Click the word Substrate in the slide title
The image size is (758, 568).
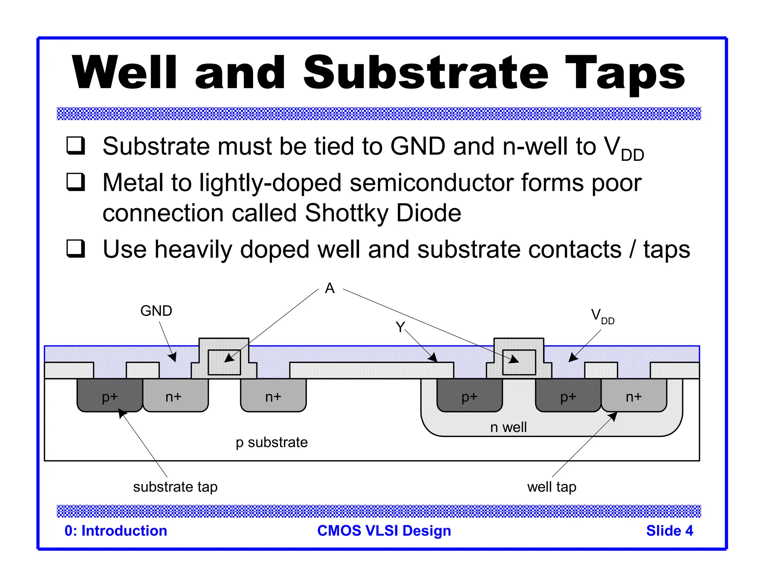pyautogui.click(x=426, y=73)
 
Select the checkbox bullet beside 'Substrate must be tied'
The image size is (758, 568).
pyautogui.click(x=76, y=145)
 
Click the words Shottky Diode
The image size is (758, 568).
pyautogui.click(x=383, y=213)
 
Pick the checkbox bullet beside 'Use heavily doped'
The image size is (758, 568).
pyautogui.click(x=76, y=248)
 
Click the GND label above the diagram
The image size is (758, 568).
pyautogui.click(x=156, y=311)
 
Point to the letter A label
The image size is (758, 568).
pyautogui.click(x=330, y=288)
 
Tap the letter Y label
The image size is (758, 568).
pyautogui.click(x=400, y=327)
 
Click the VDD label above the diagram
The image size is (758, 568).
pyautogui.click(x=602, y=316)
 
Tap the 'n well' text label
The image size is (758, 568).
pyautogui.click(x=508, y=427)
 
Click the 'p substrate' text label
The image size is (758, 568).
pyautogui.click(x=272, y=442)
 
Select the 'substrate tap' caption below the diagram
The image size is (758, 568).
pyautogui.click(x=175, y=487)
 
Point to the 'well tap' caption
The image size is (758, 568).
pyautogui.click(x=551, y=487)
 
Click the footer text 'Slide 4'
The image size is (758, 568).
pyautogui.click(x=669, y=531)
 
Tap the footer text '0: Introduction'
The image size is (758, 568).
pyautogui.click(x=116, y=531)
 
